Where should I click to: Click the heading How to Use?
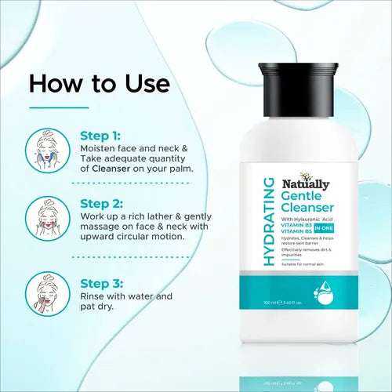(x=99, y=83)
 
